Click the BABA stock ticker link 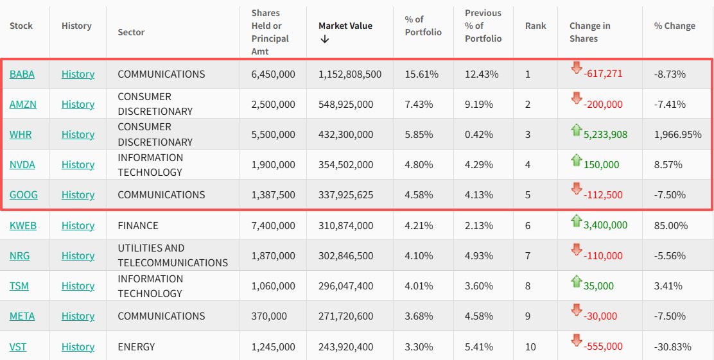point(22,74)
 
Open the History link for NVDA point(78,165)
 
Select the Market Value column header point(345,26)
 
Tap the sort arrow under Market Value point(324,39)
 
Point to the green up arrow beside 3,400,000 point(576,221)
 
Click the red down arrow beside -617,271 point(576,68)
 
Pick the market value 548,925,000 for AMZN point(345,104)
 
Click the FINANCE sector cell point(138,225)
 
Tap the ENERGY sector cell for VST point(136,347)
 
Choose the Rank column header point(535,26)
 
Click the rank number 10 point(530,347)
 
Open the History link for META point(78,316)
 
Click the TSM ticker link point(19,286)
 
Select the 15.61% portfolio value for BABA point(422,74)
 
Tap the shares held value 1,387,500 point(274,195)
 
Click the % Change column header point(675,26)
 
